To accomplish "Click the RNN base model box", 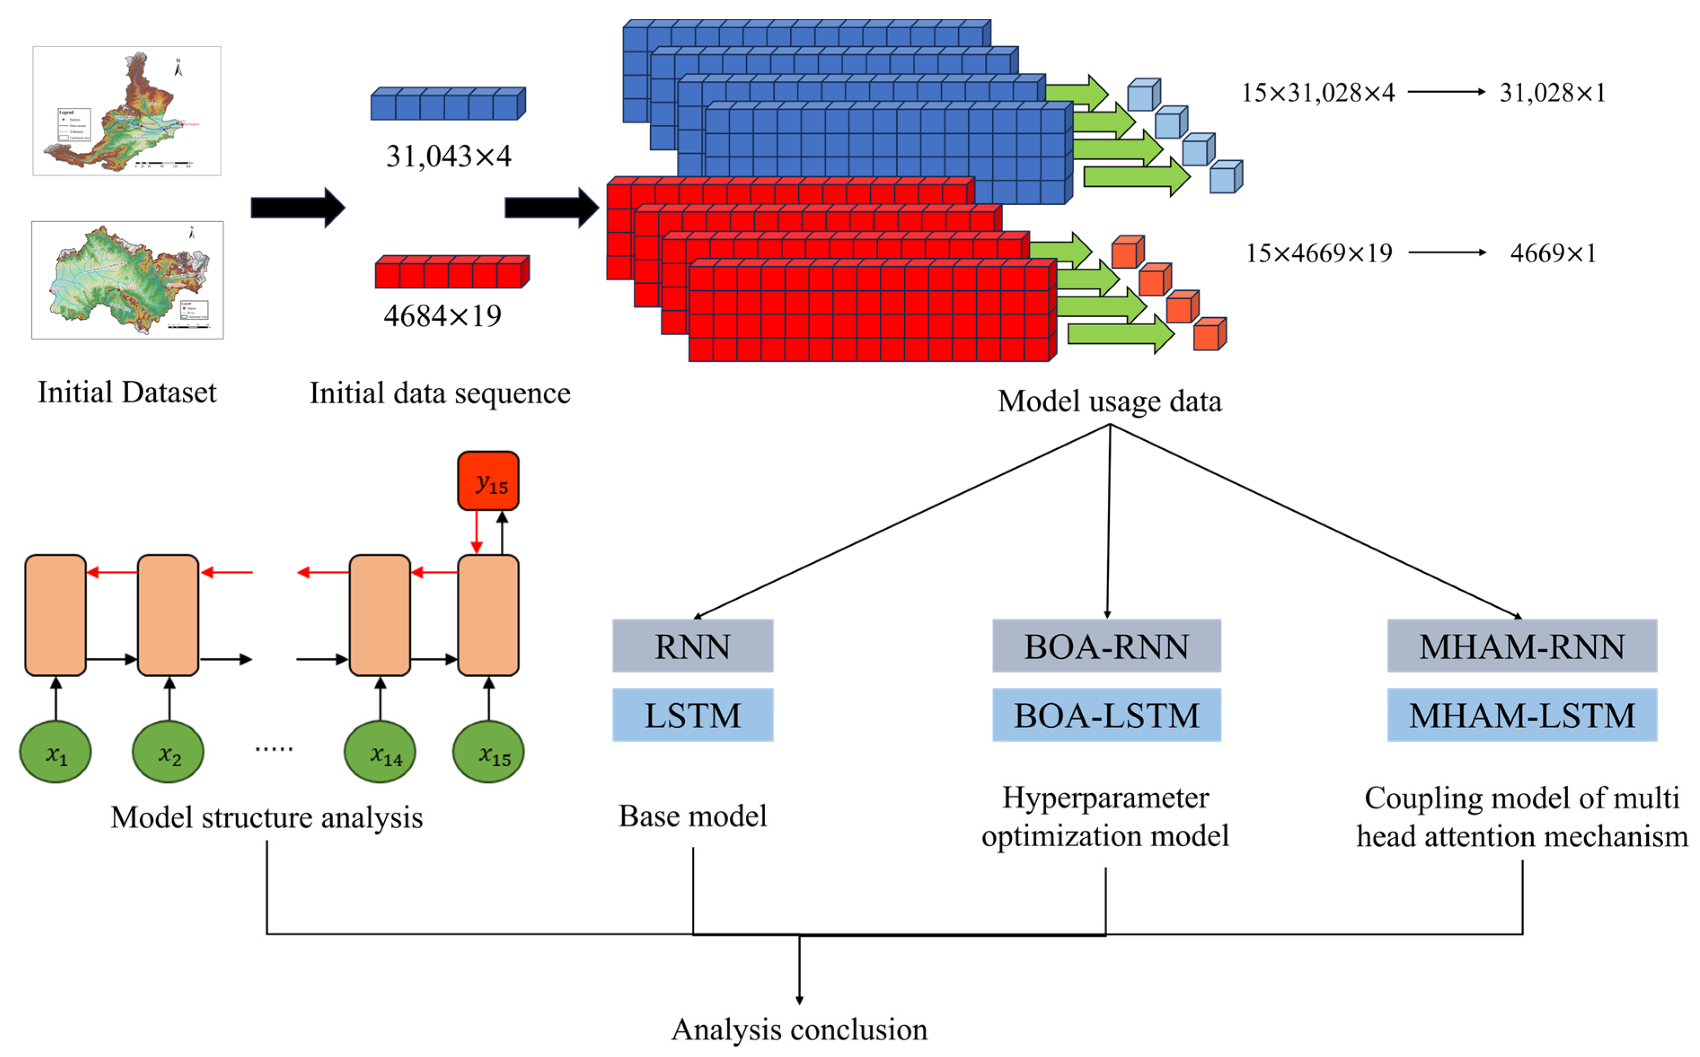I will pyautogui.click(x=692, y=646).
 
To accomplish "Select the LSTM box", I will pyautogui.click(x=692, y=714).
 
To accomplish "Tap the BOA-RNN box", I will pyautogui.click(x=1106, y=646).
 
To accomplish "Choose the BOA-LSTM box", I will pyautogui.click(x=1106, y=714).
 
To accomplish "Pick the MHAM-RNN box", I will pyautogui.click(x=1521, y=646).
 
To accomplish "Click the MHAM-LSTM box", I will pyautogui.click(x=1521, y=714).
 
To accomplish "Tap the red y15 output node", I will pyautogui.click(x=488, y=481).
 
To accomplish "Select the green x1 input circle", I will pyautogui.click(x=55, y=752).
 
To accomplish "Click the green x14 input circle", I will pyautogui.click(x=380, y=752).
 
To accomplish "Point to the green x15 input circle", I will pyautogui.click(x=489, y=752).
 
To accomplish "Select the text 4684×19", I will pyautogui.click(x=442, y=316).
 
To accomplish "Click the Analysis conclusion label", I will pyautogui.click(x=799, y=1029).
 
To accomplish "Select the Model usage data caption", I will pyautogui.click(x=1110, y=401).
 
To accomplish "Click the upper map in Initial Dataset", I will pyautogui.click(x=127, y=111).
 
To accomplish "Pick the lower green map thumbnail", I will pyautogui.click(x=127, y=279).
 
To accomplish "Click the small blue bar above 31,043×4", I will pyautogui.click(x=447, y=104).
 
